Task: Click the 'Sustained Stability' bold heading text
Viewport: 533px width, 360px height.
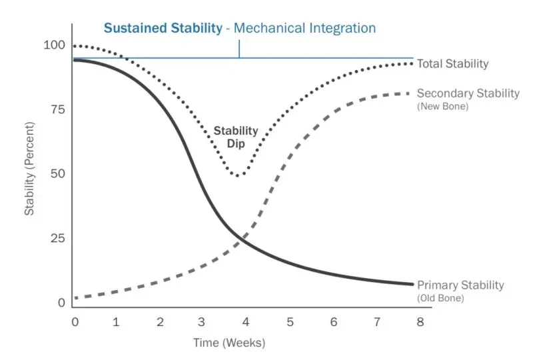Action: tap(162, 28)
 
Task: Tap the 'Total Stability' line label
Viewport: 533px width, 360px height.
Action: tap(452, 64)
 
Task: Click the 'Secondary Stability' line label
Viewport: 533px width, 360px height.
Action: tap(468, 93)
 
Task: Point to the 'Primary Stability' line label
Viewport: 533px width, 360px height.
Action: tap(460, 285)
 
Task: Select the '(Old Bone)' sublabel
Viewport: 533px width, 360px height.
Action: tap(440, 298)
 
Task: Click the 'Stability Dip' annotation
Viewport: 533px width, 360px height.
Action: tap(236, 137)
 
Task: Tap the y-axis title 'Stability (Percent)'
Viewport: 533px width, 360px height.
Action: tap(30, 173)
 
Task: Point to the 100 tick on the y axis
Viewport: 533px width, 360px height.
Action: tap(55, 45)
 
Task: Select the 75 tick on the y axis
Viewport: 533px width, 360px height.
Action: tap(59, 109)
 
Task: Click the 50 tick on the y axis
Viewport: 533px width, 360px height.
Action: tap(59, 173)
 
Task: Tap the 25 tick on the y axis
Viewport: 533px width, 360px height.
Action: tap(59, 238)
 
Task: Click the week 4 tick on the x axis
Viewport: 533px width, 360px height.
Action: tap(246, 322)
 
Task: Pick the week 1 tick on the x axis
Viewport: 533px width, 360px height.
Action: tap(117, 322)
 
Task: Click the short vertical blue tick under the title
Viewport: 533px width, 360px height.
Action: tap(239, 49)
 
